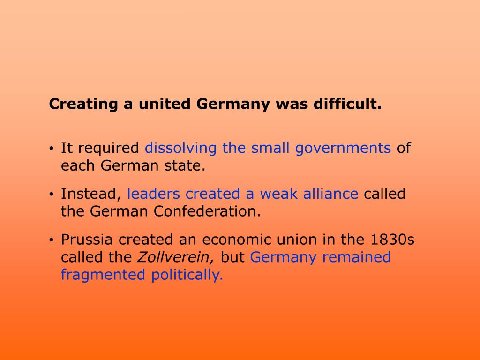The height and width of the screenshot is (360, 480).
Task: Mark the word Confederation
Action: pyautogui.click(x=207, y=211)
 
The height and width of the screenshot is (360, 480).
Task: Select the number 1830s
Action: pyautogui.click(x=393, y=240)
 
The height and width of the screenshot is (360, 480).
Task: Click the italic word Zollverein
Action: pyautogui.click(x=175, y=257)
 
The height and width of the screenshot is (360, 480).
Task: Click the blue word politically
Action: pyautogui.click(x=187, y=275)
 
